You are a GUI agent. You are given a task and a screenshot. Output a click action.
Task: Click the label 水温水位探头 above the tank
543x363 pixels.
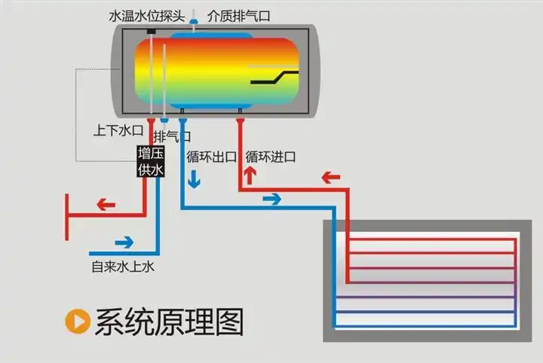147,14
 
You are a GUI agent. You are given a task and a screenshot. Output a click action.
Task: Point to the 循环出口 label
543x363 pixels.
211,157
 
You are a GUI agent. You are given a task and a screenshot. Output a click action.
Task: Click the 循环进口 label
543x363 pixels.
270,157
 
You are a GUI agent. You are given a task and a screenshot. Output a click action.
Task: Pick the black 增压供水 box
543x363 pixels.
149,162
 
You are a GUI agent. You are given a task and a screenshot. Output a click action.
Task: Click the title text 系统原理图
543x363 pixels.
169,322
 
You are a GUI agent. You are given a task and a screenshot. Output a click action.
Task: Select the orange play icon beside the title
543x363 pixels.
77,322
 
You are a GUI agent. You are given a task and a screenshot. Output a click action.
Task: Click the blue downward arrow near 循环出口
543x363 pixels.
195,179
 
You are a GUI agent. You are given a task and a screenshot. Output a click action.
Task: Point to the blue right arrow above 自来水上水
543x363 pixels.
123,243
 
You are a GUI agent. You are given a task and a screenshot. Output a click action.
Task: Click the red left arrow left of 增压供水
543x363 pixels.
106,204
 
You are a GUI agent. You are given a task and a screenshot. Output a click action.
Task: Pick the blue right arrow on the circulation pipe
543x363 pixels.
271,199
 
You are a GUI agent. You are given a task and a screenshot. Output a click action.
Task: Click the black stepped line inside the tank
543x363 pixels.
275,77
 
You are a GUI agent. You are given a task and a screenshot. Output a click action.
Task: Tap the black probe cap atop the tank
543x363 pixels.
151,31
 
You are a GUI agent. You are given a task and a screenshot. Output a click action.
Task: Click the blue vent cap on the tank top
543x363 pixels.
194,23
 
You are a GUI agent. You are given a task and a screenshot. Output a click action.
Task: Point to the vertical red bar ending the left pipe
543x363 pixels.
67,216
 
